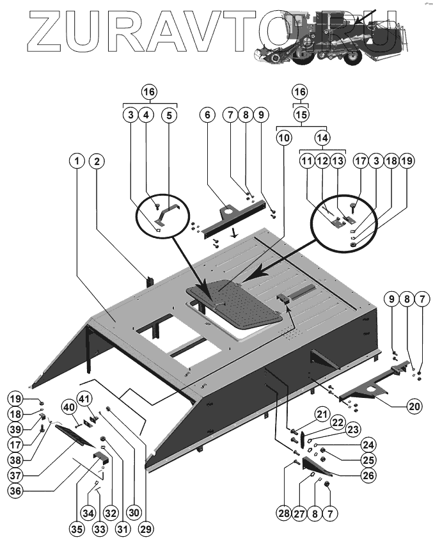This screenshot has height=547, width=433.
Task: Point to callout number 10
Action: click(x=284, y=137)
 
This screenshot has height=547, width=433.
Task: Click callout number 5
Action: click(x=169, y=115)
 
